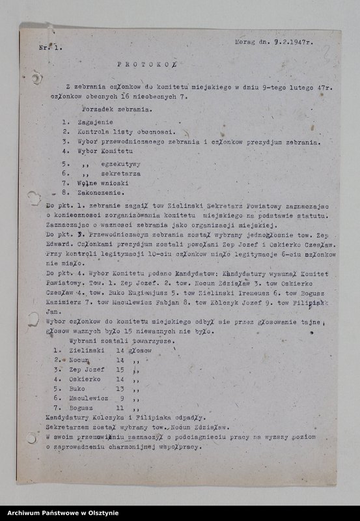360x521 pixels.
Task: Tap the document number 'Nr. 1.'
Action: (48, 48)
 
